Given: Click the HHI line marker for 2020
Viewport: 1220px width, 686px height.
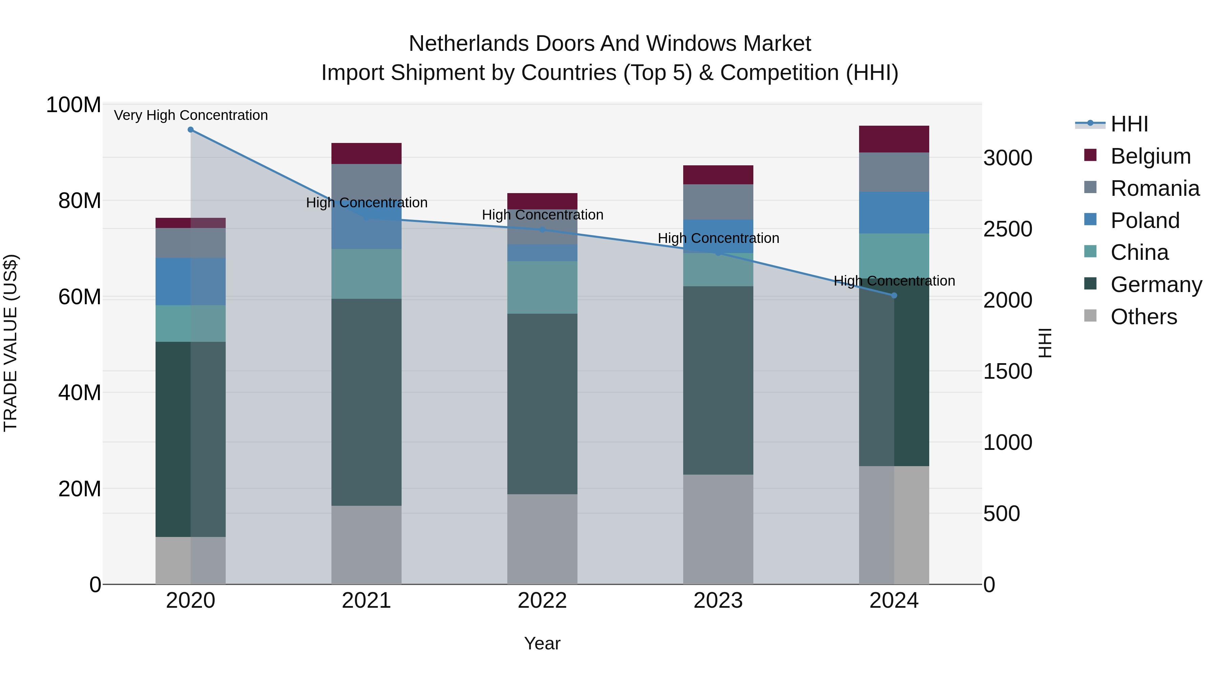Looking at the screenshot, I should (190, 129).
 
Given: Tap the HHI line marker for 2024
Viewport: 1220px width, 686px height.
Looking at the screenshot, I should (894, 295).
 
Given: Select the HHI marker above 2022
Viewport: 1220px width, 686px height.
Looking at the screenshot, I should (542, 230).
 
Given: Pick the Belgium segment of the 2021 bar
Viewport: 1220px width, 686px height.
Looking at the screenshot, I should (366, 153).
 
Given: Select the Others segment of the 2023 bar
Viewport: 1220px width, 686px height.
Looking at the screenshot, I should (718, 529).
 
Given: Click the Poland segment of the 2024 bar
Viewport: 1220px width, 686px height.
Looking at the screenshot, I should (894, 212).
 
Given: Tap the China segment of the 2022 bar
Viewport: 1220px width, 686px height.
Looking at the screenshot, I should (542, 287).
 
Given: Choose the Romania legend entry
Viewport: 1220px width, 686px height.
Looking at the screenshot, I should (1155, 188).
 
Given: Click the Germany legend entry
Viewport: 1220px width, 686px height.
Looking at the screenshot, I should (1156, 285).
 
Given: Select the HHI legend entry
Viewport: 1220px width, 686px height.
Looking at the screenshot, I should (1129, 124).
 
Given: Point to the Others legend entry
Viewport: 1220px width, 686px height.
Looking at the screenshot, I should (1143, 317).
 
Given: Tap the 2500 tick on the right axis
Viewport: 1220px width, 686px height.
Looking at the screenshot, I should (1008, 229).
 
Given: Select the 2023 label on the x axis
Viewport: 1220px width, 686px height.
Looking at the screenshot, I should (718, 601).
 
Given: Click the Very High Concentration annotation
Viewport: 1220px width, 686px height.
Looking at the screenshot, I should (191, 115).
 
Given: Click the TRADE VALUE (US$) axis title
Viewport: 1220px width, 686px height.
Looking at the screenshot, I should (11, 343).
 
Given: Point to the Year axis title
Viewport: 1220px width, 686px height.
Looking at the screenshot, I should (542, 643).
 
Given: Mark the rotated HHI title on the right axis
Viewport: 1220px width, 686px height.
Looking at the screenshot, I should (1045, 343).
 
